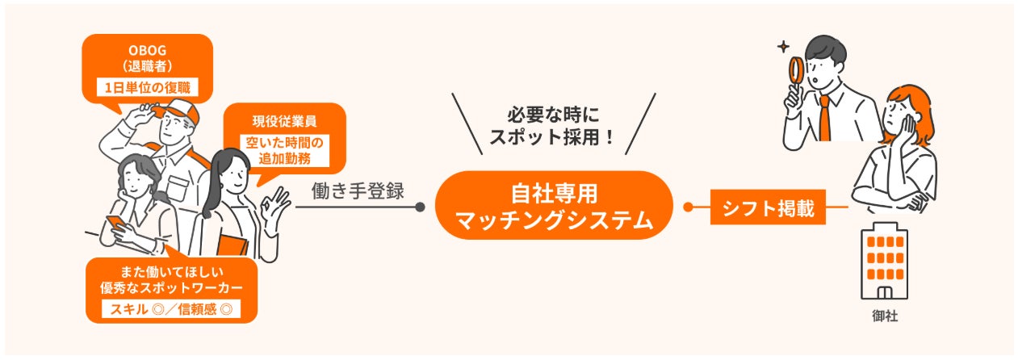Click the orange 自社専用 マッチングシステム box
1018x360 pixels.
click(554, 206)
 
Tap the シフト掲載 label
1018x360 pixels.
click(768, 207)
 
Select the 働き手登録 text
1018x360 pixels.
click(357, 192)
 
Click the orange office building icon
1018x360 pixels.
click(885, 260)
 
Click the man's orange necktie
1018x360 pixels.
click(825, 118)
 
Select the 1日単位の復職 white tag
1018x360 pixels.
click(147, 86)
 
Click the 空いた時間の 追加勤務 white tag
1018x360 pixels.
click(284, 151)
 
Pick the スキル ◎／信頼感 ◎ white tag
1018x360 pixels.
click(170, 308)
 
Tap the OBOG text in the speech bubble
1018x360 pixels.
click(147, 49)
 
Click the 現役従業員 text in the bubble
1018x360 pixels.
click(284, 122)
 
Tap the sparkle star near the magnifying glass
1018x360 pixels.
click(781, 48)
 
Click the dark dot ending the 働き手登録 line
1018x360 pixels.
click(420, 207)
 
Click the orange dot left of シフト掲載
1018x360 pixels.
click(687, 207)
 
